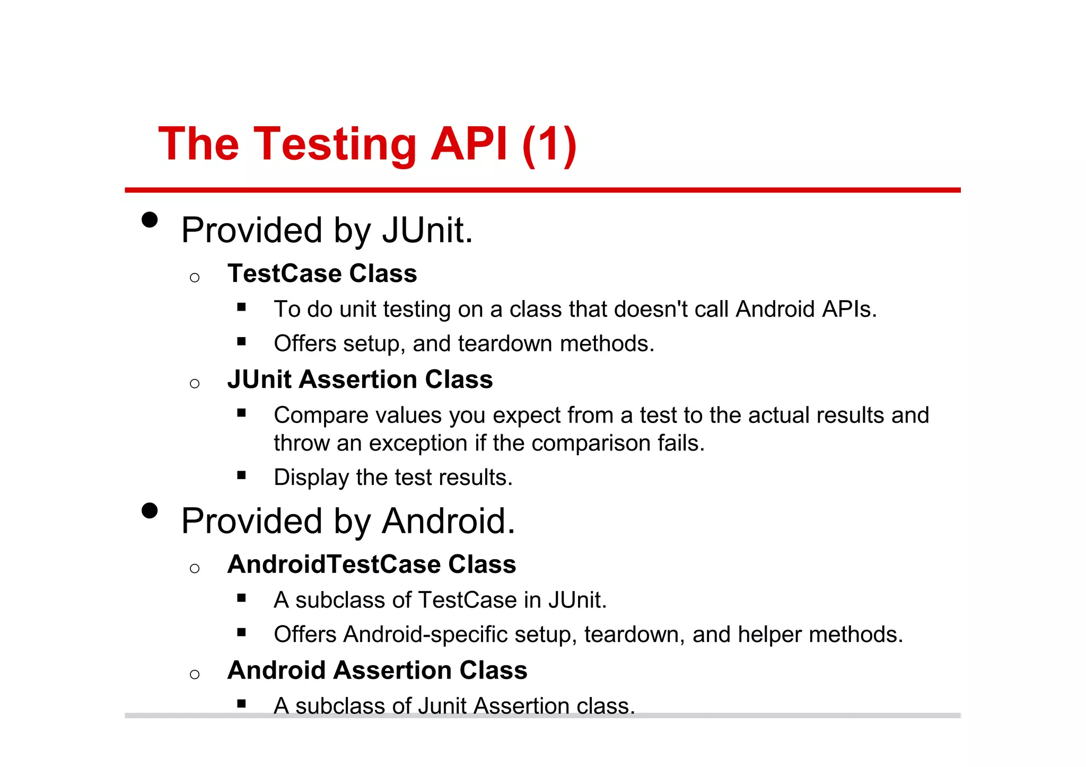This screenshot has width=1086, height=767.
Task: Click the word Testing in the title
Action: [335, 145]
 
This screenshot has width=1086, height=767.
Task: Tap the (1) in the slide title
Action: [549, 144]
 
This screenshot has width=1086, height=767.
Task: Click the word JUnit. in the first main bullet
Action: [427, 231]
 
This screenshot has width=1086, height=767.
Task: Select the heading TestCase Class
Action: [322, 274]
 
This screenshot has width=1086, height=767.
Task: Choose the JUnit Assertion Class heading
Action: [360, 380]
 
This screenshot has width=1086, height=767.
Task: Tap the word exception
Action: [418, 443]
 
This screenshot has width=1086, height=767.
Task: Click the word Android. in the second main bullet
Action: [448, 521]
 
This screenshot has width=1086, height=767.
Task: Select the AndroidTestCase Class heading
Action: [371, 564]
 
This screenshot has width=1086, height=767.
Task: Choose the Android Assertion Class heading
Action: [377, 670]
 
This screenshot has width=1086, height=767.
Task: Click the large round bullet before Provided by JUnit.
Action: [150, 220]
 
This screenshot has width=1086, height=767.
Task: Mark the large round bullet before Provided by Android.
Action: [150, 510]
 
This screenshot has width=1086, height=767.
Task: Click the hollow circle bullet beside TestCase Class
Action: [195, 277]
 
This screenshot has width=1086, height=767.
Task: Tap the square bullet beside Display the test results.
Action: [242, 475]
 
